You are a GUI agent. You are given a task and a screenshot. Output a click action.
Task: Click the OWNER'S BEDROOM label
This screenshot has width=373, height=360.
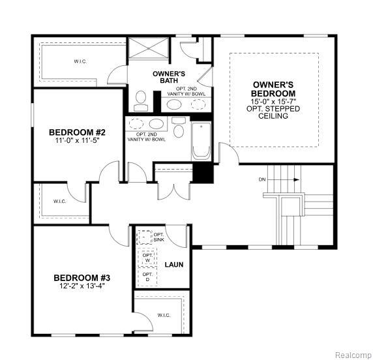point(273,89)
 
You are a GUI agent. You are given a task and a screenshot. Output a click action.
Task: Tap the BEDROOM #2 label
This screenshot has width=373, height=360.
point(77,132)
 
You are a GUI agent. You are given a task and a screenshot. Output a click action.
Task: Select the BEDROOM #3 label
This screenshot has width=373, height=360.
point(82,278)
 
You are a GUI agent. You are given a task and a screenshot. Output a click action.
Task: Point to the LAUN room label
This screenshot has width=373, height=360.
point(174,265)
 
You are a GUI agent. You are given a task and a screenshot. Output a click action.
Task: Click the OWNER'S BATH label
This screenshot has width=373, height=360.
point(169,77)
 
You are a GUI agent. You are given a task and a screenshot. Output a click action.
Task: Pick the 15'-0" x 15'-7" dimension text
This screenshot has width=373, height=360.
point(273,101)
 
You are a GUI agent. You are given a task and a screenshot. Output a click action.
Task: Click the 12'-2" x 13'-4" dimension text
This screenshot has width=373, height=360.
point(82,286)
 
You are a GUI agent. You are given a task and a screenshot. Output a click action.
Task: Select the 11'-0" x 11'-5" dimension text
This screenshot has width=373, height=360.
point(77,140)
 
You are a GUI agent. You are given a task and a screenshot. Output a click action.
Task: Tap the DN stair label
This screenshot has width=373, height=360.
point(262,179)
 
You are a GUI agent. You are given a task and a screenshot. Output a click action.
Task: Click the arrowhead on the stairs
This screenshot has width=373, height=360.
point(297,179)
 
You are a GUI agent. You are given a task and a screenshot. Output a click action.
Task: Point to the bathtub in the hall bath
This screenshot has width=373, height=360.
point(201,141)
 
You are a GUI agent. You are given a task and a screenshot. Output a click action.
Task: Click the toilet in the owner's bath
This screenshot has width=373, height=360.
point(141,100)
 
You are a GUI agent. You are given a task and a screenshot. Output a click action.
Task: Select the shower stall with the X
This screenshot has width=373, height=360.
point(149,48)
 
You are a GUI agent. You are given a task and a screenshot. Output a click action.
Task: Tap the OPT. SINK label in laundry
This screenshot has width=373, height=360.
point(158,237)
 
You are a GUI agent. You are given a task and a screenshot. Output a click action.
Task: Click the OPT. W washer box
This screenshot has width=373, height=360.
point(147,258)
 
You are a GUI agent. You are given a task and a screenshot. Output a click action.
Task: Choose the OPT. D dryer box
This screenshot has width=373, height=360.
point(147,277)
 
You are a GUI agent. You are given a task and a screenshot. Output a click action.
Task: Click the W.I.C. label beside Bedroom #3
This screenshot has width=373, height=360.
point(164,316)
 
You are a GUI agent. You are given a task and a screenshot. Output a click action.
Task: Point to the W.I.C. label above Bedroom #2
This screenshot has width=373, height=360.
point(80,61)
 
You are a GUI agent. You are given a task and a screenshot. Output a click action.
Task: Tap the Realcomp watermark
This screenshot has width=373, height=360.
point(353,355)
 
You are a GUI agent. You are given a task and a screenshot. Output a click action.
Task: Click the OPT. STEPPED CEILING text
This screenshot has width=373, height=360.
point(273,112)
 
